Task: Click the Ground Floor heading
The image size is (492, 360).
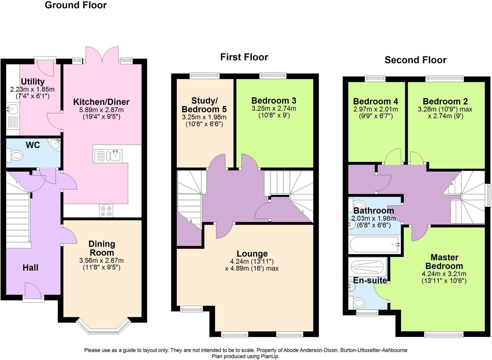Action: (x=76, y=5)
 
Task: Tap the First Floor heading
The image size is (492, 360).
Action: (x=244, y=57)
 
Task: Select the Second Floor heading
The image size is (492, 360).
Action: (x=415, y=60)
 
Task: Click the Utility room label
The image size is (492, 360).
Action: (x=33, y=82)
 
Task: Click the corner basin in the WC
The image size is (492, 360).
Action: (x=55, y=144)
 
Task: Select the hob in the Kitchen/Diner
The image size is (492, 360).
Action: (x=106, y=210)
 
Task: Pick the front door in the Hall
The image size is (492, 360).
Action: (x=33, y=292)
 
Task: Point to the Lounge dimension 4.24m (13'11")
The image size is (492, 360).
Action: (x=252, y=261)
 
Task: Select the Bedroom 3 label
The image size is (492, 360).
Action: (x=274, y=101)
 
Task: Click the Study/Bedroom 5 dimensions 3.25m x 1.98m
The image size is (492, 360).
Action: (x=204, y=117)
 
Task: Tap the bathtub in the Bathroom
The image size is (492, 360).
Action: (x=374, y=245)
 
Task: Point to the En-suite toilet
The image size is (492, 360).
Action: (x=359, y=303)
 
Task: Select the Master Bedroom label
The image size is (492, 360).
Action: (x=444, y=262)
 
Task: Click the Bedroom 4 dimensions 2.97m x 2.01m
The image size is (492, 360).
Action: (x=375, y=109)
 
